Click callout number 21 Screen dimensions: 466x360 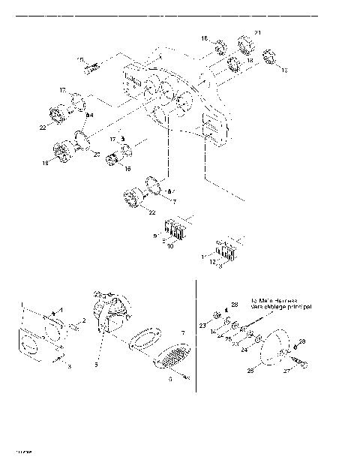257,33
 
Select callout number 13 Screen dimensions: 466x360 284,70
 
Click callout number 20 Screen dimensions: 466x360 95,153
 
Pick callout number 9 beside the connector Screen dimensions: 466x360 156,236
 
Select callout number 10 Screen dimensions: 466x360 170,246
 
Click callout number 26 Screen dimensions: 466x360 251,369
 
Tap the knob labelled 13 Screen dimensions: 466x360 269,64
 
